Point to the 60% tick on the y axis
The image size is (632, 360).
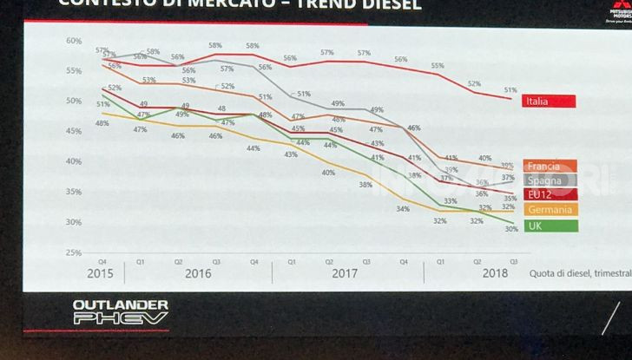(74, 41)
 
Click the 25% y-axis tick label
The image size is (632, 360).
(74, 252)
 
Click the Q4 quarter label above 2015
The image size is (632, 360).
(102, 260)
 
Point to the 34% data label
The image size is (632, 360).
(403, 209)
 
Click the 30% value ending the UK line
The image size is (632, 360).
(511, 229)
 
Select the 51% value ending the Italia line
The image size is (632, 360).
(510, 90)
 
